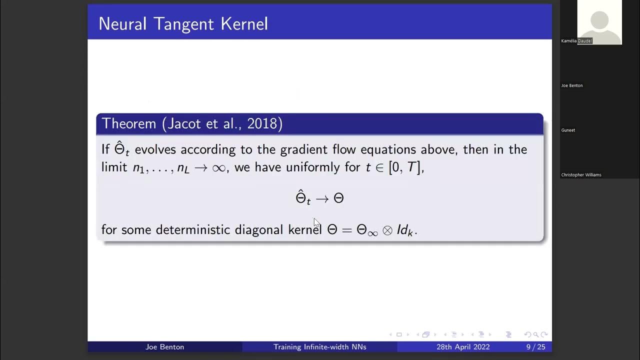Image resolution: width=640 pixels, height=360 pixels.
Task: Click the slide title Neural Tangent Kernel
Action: coord(183,23)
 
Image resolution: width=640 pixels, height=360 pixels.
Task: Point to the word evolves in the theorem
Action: coord(155,149)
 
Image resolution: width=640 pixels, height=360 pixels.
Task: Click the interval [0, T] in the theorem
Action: coord(405,167)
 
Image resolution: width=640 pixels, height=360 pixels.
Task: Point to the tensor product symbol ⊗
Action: coord(387,230)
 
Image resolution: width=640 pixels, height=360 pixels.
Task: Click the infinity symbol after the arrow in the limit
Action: coord(219,168)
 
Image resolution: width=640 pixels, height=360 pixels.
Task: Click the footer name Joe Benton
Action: coord(164,347)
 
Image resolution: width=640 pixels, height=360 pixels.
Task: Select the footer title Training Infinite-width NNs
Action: coord(319,347)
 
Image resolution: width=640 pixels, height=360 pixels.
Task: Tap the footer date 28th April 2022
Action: coord(462,347)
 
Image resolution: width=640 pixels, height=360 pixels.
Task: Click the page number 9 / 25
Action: coord(535,347)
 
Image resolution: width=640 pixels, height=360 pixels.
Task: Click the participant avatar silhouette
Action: coord(599,22)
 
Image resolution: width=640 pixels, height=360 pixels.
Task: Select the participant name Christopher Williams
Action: coord(581,175)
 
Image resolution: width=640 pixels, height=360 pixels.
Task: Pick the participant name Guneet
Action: coord(568,130)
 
